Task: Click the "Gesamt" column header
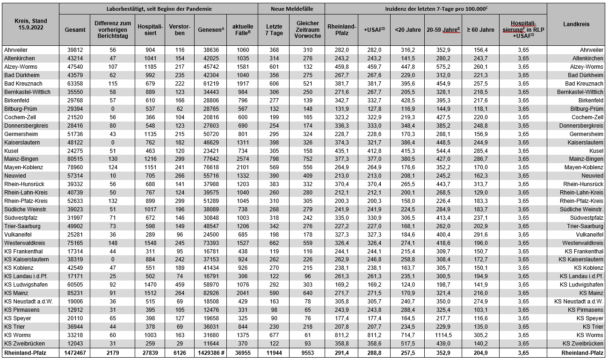click(x=75, y=30)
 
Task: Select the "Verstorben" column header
click(x=180, y=30)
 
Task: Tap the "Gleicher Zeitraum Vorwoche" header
click(x=308, y=30)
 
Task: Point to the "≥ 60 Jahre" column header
click(x=480, y=30)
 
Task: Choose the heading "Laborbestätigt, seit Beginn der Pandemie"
click(x=159, y=9)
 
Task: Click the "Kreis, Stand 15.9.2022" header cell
click(x=30, y=24)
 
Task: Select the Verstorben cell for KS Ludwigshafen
click(x=180, y=285)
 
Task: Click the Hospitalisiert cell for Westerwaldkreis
click(x=150, y=243)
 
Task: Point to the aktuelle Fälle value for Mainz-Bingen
click(x=242, y=159)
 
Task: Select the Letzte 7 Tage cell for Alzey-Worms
click(x=273, y=67)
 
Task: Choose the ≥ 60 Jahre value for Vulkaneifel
click(x=480, y=234)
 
